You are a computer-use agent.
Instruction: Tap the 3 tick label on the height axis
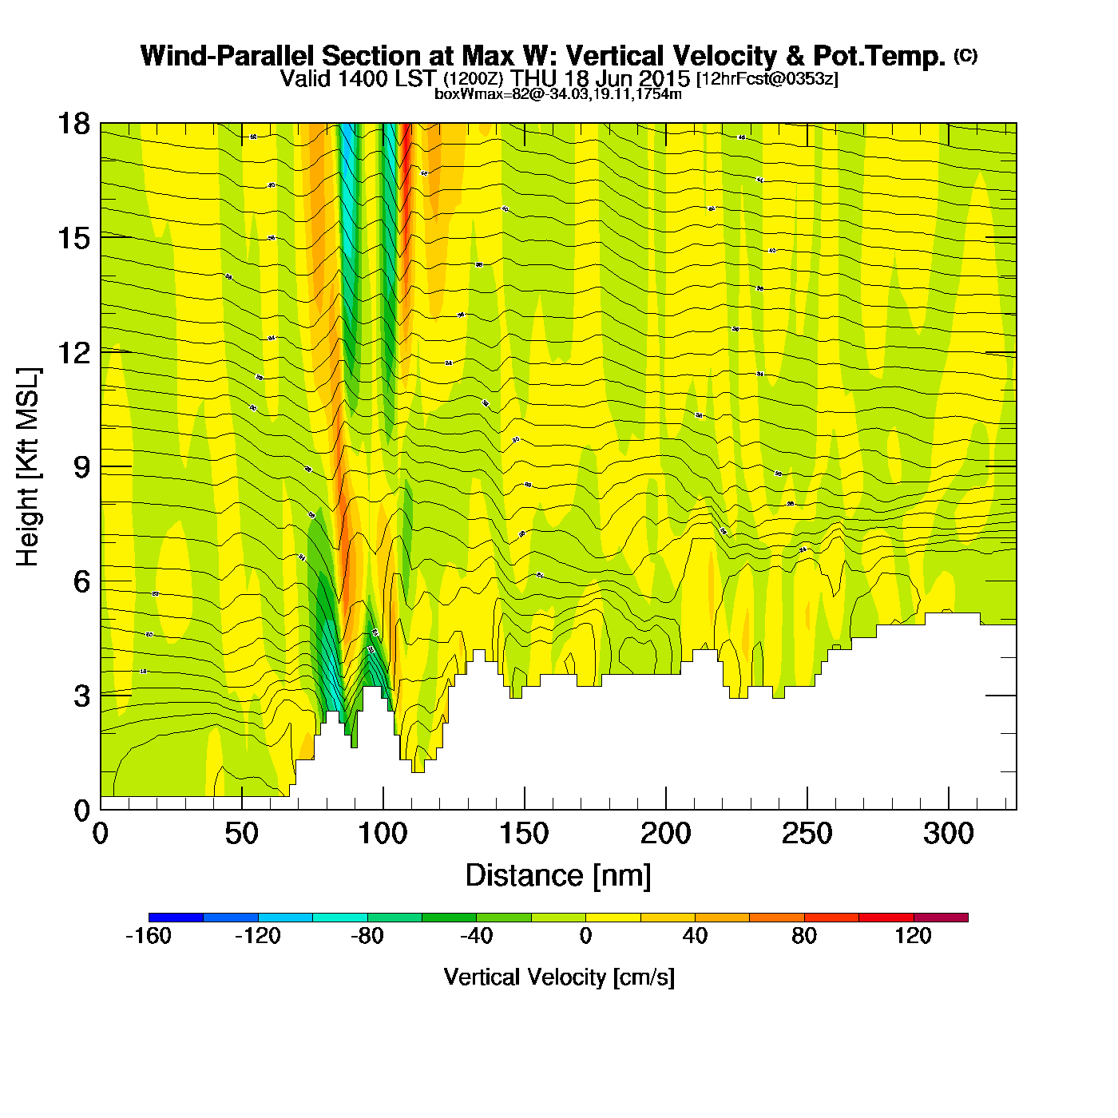point(81,696)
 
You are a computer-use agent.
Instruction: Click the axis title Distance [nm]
point(558,876)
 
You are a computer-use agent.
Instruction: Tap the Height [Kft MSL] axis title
point(28,467)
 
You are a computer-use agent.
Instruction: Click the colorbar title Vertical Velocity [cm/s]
point(559,977)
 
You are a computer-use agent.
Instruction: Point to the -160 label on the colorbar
point(149,936)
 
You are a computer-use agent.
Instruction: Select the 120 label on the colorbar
point(913,936)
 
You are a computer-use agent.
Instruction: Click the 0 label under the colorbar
point(585,936)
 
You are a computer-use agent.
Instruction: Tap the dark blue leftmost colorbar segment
point(176,918)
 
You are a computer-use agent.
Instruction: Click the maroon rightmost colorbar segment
point(941,918)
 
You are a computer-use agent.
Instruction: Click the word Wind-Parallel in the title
point(227,56)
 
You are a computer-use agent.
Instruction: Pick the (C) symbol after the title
point(965,55)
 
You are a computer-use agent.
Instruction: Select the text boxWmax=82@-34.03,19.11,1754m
point(558,94)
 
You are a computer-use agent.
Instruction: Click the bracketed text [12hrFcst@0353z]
point(767,79)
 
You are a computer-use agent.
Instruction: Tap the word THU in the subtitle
point(534,79)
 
